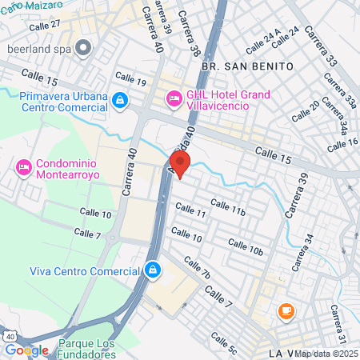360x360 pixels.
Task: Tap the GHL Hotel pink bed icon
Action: (x=174, y=98)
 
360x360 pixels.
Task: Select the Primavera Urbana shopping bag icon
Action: (x=119, y=100)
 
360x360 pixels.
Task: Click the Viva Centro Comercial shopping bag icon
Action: (x=152, y=270)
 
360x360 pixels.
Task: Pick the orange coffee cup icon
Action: (x=286, y=310)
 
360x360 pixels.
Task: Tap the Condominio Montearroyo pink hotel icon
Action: (x=23, y=168)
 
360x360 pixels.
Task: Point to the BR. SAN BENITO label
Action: (x=237, y=65)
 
